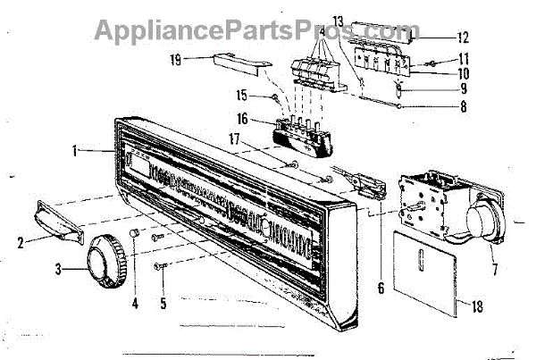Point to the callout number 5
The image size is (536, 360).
point(162,303)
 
